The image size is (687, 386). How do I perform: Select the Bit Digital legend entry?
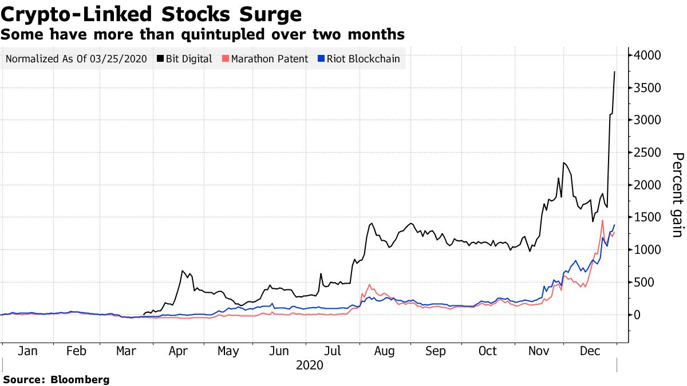pos(188,59)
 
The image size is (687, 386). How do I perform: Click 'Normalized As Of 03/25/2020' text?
pos(76,59)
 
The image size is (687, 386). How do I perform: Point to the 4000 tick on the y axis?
pos(647,55)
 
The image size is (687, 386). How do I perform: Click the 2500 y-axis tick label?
pos(647,153)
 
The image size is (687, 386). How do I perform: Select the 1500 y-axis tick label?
pos(647,218)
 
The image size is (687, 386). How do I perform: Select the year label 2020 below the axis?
pos(310,365)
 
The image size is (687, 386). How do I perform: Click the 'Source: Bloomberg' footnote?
pos(56,379)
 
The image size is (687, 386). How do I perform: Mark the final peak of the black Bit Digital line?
pos(614,72)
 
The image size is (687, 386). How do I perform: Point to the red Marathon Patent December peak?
pos(602,220)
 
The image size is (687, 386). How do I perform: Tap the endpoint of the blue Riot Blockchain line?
pos(615,225)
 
